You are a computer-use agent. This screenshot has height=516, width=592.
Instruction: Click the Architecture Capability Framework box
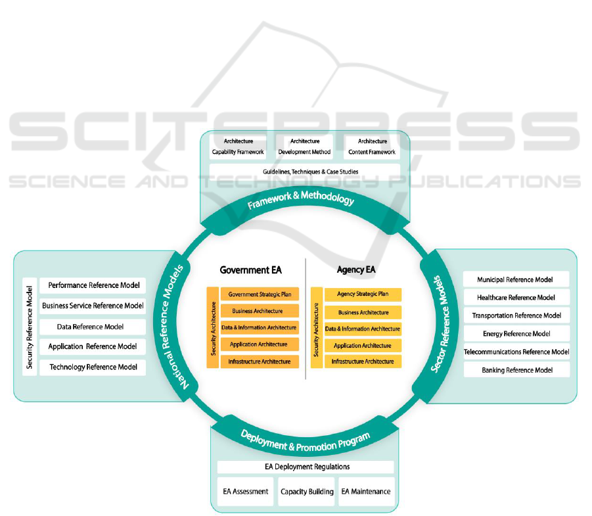click(238, 147)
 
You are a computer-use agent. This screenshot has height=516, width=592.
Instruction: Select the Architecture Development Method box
click(305, 147)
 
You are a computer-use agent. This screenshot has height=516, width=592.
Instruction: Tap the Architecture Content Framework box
click(372, 147)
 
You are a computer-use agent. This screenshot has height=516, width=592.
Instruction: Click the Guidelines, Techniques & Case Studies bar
click(305, 172)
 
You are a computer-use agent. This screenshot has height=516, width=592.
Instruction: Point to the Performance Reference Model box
click(93, 286)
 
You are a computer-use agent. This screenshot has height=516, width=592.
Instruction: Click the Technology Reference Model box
click(93, 367)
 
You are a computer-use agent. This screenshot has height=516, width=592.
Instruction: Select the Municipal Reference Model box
click(515, 279)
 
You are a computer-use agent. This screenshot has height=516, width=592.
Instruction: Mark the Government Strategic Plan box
click(259, 294)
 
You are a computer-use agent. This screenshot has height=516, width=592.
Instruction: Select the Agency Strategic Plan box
click(363, 294)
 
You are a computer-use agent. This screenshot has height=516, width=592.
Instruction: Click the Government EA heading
click(246, 270)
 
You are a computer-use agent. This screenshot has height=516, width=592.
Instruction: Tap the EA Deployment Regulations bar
click(306, 467)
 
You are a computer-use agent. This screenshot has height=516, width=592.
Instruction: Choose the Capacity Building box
click(307, 492)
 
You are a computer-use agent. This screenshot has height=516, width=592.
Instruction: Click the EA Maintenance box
click(366, 492)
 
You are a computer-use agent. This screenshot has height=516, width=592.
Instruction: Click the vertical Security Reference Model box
click(30, 327)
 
